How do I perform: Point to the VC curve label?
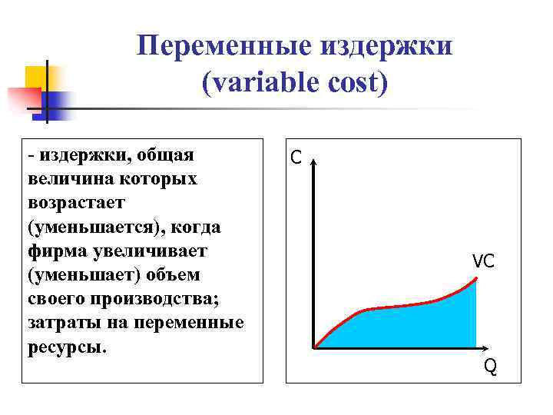[x=483, y=261]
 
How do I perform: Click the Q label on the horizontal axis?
[x=490, y=367]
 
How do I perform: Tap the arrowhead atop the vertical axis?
[x=314, y=162]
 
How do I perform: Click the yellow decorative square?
[x=38, y=77]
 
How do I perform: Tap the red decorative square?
[x=23, y=98]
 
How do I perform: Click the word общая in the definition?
[x=166, y=155]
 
